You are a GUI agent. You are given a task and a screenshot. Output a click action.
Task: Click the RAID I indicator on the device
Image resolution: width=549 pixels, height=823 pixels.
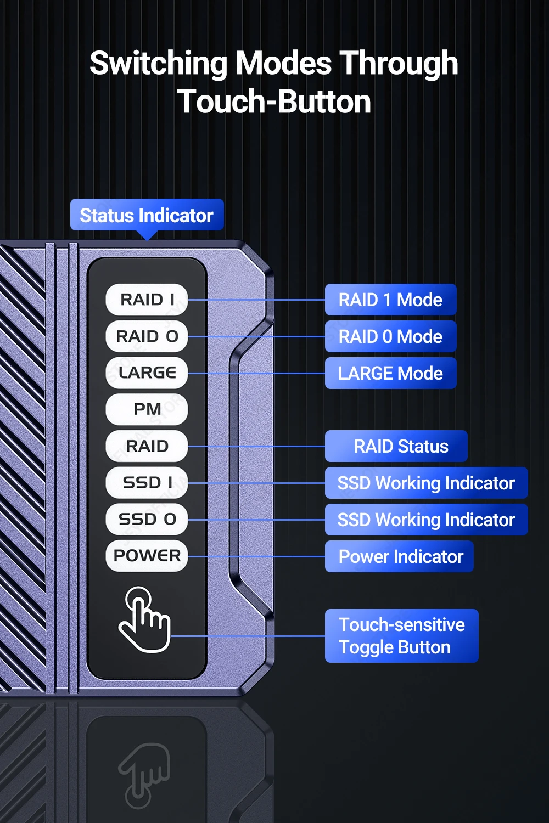click(x=147, y=300)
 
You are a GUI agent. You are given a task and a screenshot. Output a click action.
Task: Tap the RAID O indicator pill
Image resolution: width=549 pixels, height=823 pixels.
click(x=147, y=336)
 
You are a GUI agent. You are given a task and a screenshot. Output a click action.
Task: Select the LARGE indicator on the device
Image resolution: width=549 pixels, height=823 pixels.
click(x=147, y=373)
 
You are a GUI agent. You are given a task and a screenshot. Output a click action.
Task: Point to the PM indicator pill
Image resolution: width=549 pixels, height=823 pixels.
click(x=147, y=409)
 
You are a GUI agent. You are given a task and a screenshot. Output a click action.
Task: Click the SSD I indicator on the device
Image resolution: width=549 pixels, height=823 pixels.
click(x=147, y=483)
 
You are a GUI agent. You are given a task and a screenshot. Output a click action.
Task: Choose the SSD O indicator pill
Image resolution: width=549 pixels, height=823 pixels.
click(x=147, y=519)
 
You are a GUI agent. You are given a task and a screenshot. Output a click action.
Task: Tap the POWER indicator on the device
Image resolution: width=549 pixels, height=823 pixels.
click(x=147, y=556)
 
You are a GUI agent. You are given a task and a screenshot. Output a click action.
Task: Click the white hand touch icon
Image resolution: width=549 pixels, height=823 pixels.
click(x=144, y=620)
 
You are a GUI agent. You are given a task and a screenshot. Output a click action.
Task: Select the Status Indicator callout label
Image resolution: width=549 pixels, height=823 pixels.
click(x=147, y=215)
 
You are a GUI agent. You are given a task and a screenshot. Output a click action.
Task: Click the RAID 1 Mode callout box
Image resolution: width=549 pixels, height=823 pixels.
click(x=390, y=300)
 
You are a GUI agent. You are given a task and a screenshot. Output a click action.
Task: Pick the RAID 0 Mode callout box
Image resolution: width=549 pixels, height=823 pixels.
click(x=390, y=336)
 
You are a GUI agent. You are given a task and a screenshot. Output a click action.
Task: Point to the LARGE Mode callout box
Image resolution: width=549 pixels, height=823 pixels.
click(x=390, y=373)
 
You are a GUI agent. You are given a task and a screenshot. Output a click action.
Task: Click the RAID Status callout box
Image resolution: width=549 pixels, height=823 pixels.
click(x=396, y=446)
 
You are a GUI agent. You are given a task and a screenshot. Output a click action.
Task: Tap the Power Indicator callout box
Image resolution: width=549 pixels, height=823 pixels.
click(x=399, y=556)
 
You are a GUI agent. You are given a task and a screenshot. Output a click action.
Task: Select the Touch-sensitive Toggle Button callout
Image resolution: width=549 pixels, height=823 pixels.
click(x=401, y=636)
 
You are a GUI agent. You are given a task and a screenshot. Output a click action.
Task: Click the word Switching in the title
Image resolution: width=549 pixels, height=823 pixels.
click(x=158, y=64)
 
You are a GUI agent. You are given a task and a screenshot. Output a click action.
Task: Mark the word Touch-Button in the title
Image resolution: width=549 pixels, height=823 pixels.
click(x=274, y=102)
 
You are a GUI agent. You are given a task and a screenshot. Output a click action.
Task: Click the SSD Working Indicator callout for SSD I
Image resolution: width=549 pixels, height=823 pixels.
click(x=426, y=483)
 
